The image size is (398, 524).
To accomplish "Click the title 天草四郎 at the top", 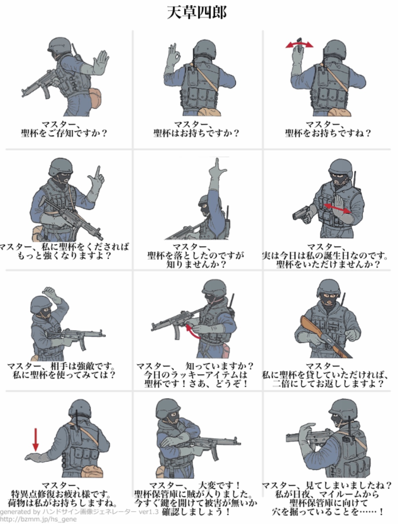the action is pyautogui.click(x=196, y=12).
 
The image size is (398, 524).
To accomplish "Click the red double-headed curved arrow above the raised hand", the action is pyautogui.click(x=299, y=44).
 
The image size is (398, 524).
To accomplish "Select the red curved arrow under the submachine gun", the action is pyautogui.click(x=192, y=332).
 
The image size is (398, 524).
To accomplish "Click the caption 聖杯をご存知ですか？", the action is pyautogui.click(x=64, y=133).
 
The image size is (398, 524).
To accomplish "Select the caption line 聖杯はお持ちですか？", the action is pyautogui.click(x=196, y=133).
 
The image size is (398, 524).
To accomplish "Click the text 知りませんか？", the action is pyautogui.click(x=196, y=264).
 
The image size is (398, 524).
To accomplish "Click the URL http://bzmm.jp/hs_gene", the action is pyautogui.click(x=38, y=519).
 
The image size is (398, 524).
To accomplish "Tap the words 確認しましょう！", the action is pyautogui.click(x=196, y=512).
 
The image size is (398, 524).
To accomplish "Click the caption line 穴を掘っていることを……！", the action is pyautogui.click(x=328, y=512).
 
